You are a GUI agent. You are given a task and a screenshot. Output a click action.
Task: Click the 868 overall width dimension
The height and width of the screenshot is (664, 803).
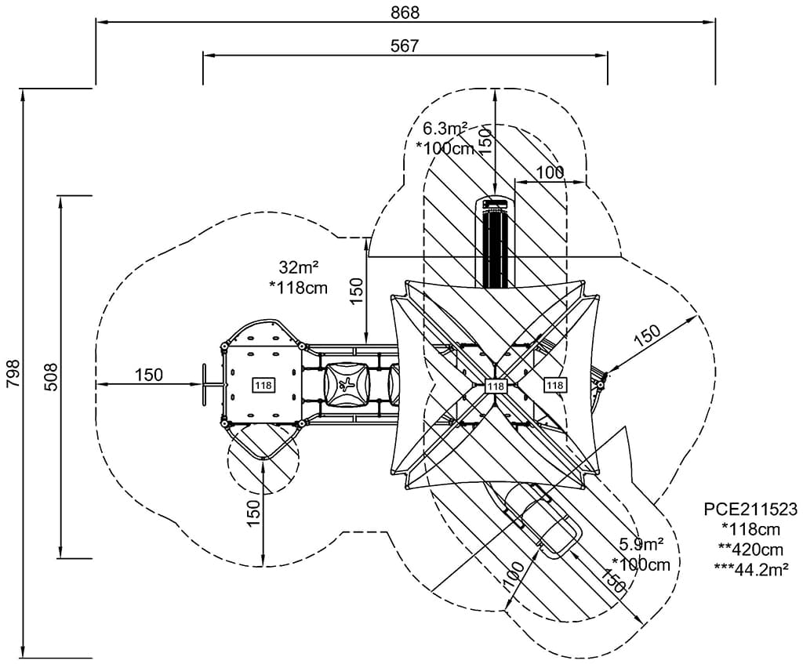405,13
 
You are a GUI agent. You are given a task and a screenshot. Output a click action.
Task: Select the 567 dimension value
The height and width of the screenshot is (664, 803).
405,45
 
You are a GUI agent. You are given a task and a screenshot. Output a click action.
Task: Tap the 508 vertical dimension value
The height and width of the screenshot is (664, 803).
52,377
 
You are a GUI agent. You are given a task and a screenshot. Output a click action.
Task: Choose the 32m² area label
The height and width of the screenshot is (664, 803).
299,267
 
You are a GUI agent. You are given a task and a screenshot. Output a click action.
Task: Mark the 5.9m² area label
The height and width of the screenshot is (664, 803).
641,544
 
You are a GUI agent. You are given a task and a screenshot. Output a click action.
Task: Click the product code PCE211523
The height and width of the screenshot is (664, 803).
750,509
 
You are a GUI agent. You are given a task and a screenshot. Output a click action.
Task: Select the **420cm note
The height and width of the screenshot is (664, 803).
750,550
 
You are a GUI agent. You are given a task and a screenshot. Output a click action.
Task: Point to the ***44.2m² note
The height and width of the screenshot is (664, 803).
750,569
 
